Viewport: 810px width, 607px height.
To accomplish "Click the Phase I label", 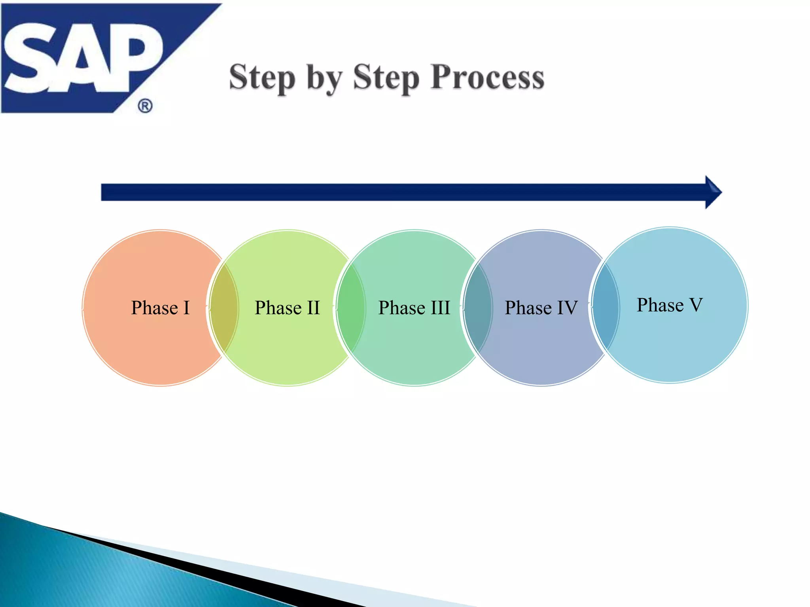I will point(160,308).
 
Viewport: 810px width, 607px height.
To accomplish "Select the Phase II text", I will point(287,308).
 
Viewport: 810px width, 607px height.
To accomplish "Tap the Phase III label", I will point(414,308).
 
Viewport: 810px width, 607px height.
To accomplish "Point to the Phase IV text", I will point(541,308).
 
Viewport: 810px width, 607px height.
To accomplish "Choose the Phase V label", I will point(669,305).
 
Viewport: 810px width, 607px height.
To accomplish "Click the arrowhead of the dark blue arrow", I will point(713,192).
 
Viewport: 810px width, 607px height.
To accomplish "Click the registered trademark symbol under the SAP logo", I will point(145,106).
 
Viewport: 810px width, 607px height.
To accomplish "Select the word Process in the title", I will point(487,77).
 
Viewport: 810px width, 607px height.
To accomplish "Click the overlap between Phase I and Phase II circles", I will point(224,308).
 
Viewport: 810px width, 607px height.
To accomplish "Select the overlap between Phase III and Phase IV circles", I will point(478,308).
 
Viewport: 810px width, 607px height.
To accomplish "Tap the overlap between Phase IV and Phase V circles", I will point(605,306).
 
